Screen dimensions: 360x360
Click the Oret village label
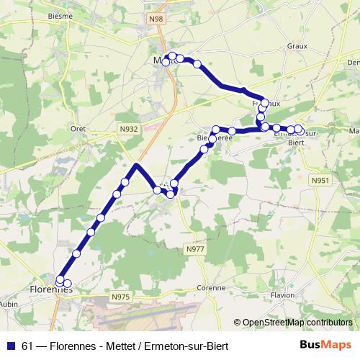coord(78,129)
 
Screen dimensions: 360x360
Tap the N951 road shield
coord(321,180)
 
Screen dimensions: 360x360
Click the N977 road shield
coord(195,249)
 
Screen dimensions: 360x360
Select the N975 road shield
coord(122,295)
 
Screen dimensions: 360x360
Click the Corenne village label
coord(211,287)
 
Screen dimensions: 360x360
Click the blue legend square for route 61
coord(9,346)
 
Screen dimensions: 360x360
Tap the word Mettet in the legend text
coord(122,346)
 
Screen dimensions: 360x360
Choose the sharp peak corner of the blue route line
coord(135,166)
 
